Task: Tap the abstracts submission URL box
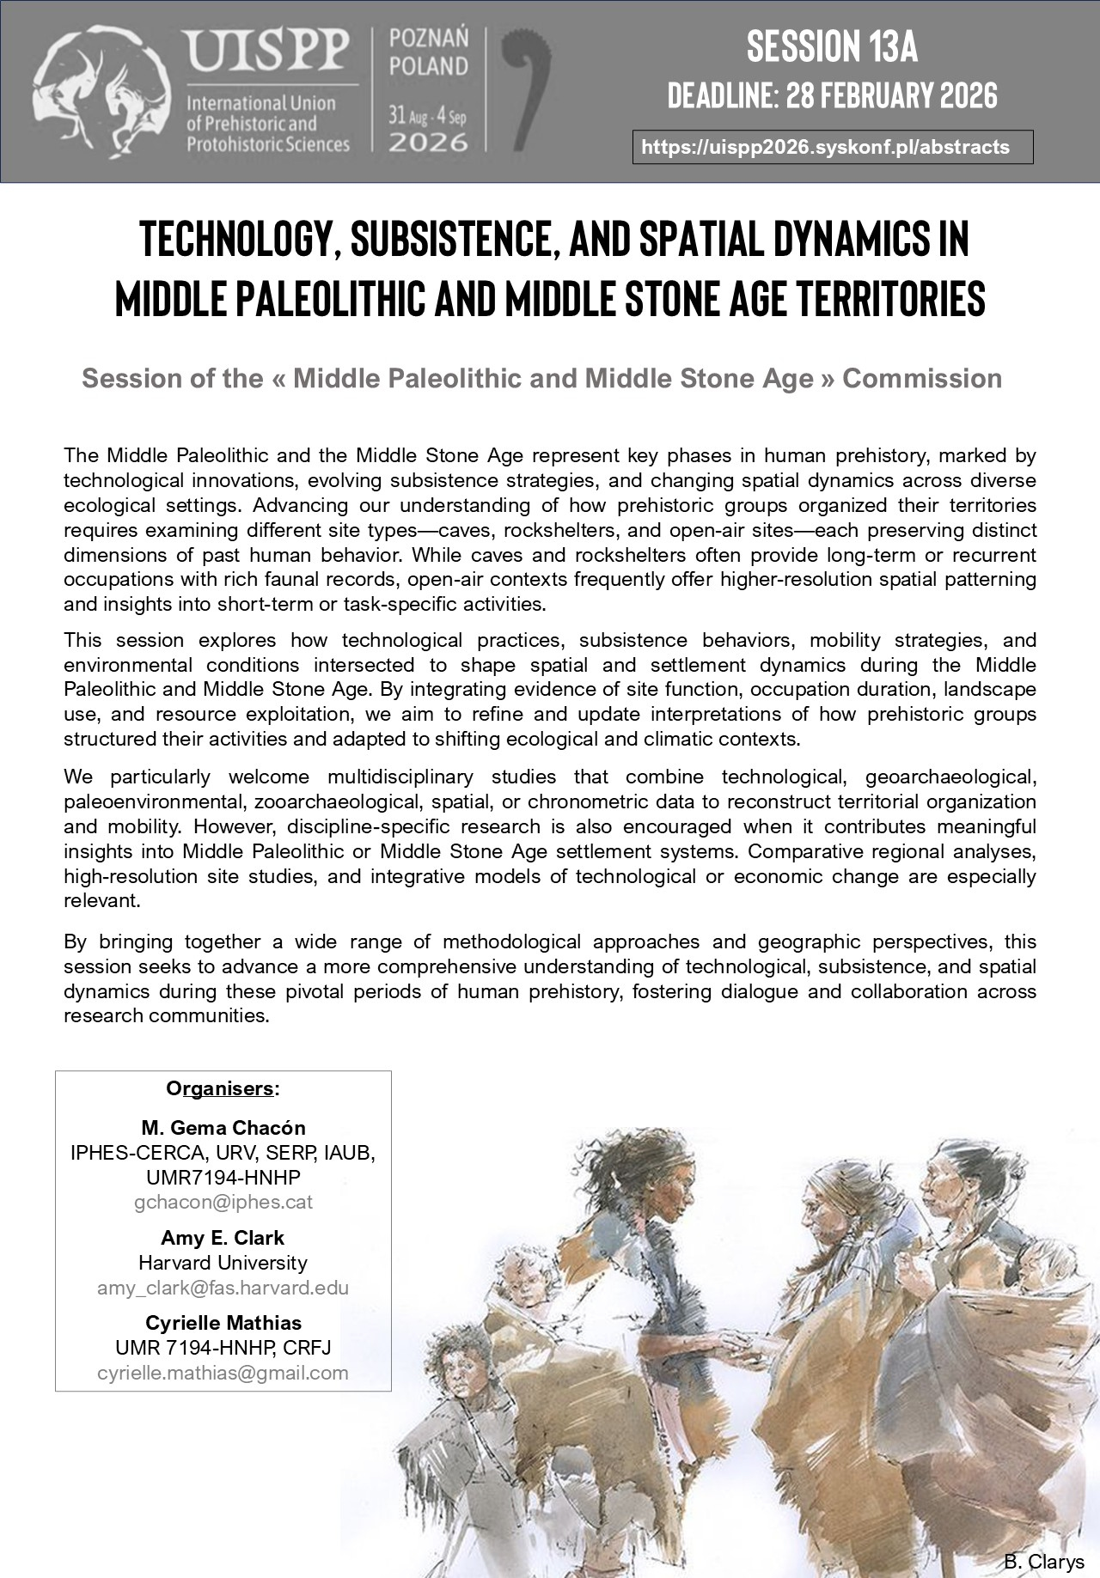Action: coord(832,147)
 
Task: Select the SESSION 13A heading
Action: coord(832,46)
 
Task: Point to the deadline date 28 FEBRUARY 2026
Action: coord(891,95)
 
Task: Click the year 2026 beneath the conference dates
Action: coord(428,142)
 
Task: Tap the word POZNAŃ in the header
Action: coord(429,39)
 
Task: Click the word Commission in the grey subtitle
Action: coord(921,379)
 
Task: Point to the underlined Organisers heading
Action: coord(223,1088)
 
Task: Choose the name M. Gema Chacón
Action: coord(223,1128)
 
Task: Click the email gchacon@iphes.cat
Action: coord(223,1202)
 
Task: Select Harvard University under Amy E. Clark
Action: coord(223,1263)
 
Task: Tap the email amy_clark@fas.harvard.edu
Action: coord(223,1288)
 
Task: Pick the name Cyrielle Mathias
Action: coord(223,1323)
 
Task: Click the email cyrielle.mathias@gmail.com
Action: coord(223,1373)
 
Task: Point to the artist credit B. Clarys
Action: coord(1043,1562)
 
